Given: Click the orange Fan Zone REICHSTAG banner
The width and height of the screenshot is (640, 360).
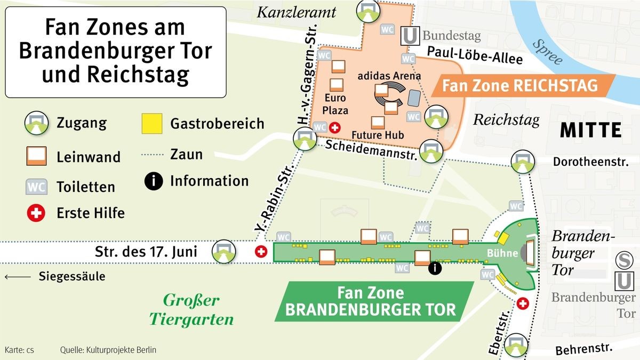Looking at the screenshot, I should click(x=520, y=85).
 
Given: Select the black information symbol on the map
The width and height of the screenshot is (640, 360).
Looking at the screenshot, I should click(x=435, y=268).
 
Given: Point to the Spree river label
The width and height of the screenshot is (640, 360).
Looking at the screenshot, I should click(x=548, y=52).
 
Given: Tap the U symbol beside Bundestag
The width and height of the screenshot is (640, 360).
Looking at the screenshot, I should click(x=409, y=36).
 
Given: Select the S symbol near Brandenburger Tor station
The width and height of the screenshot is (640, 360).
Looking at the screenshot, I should click(x=622, y=260).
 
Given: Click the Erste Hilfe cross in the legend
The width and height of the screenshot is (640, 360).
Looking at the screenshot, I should click(x=36, y=213).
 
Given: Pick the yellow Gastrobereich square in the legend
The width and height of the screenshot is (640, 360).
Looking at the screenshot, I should click(x=152, y=124).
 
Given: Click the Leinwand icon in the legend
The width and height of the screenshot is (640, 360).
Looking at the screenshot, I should click(x=36, y=157).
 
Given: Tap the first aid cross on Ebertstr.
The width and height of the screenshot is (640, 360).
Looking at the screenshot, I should click(x=523, y=303).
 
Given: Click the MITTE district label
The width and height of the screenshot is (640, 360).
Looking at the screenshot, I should click(x=590, y=130).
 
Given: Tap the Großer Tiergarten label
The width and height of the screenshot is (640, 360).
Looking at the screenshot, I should click(x=191, y=310).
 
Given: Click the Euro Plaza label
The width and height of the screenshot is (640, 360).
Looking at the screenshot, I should click(x=335, y=104).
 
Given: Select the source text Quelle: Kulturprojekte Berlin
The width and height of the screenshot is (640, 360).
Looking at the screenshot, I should click(x=108, y=350).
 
